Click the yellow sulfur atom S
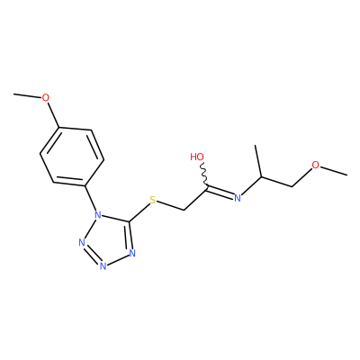[153, 200]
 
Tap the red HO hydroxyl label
[197, 157]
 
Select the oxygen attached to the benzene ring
[45, 97]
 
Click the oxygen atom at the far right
[315, 165]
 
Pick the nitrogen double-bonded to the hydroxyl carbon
[238, 198]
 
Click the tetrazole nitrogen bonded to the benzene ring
[97, 215]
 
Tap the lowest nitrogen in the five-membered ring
[103, 265]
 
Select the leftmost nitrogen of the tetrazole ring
[82, 242]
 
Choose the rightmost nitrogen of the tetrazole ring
[132, 254]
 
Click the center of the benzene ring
[72, 156]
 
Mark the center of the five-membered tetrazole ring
[109, 239]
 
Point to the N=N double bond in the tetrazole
[92, 255]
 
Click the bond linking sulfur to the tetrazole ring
[139, 213]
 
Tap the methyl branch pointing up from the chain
[258, 161]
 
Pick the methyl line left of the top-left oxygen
[27, 95]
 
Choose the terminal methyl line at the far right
[334, 170]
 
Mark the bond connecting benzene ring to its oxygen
[53, 115]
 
